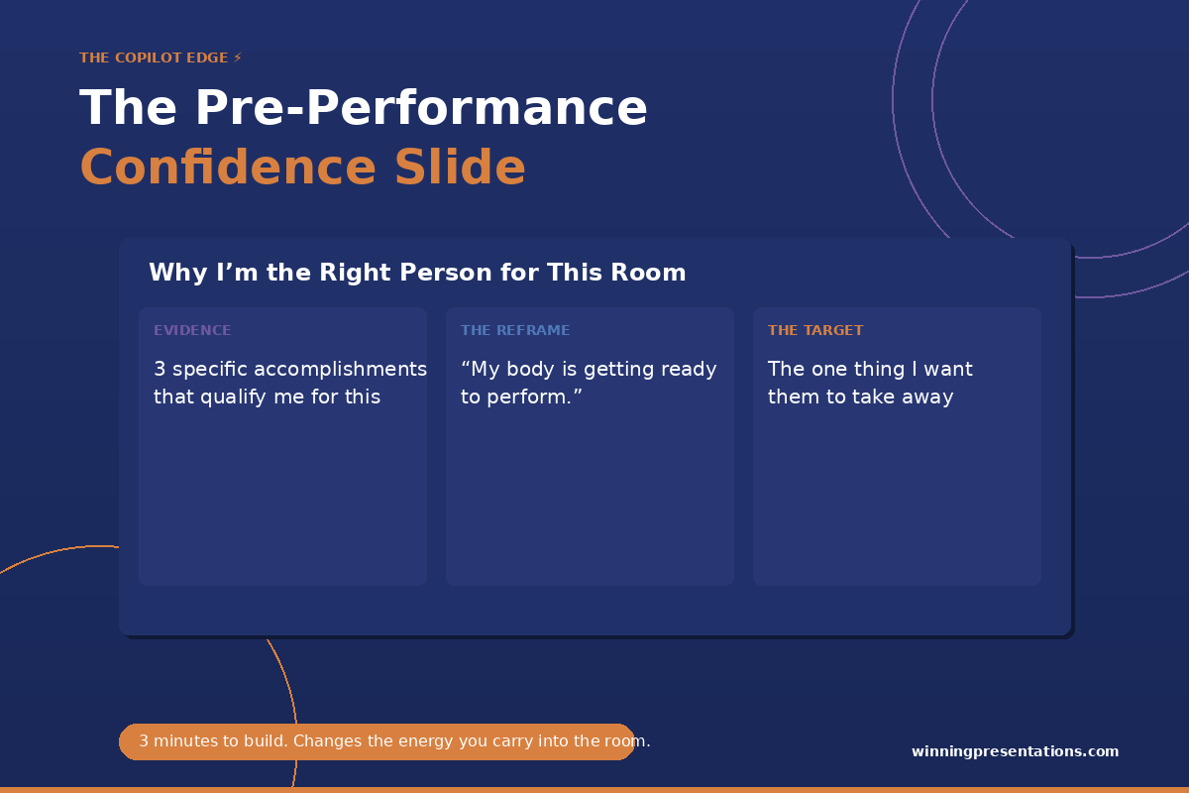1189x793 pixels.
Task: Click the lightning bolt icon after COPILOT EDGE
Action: click(238, 57)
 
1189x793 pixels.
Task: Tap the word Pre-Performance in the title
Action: click(421, 108)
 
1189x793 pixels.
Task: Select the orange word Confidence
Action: click(228, 167)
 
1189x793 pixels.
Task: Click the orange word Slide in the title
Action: click(460, 167)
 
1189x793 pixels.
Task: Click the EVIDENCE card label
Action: click(192, 330)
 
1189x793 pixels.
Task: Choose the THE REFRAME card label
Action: click(515, 330)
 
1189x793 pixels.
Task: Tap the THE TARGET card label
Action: click(815, 330)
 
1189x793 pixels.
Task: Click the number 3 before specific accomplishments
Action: click(160, 369)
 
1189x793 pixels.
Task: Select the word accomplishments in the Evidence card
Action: click(340, 370)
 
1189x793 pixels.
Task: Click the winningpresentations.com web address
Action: click(1015, 751)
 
